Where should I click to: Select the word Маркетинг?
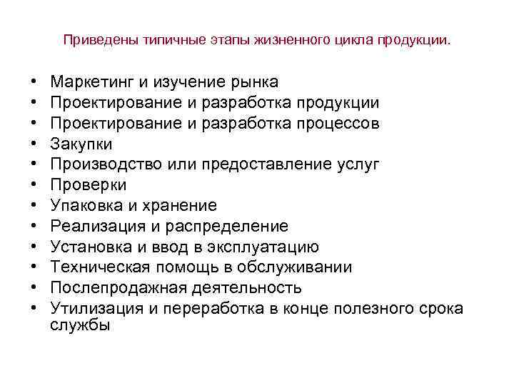(94, 82)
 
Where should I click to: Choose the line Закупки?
(81, 144)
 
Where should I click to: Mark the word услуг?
(358, 164)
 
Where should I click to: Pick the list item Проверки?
(89, 185)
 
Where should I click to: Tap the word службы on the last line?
(81, 325)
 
